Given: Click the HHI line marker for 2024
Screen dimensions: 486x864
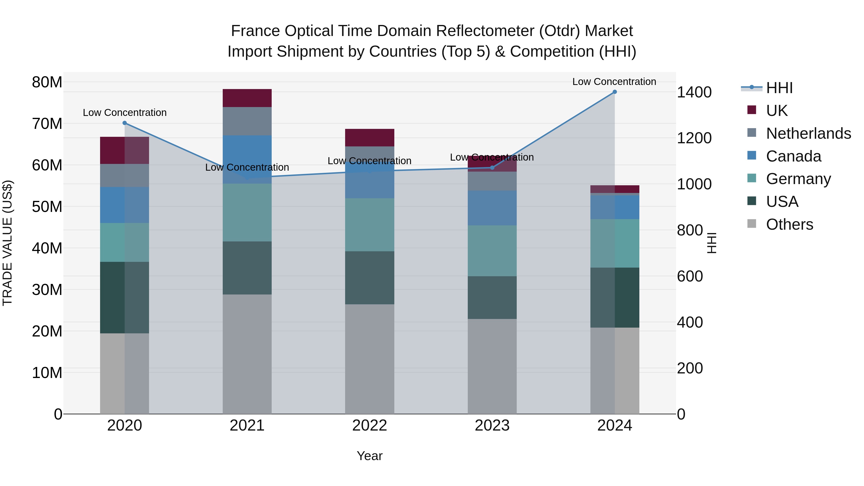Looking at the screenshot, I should [614, 92].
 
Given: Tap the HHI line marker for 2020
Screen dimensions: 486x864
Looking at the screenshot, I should [124, 123].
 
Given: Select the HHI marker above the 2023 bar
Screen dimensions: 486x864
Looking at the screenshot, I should [492, 168].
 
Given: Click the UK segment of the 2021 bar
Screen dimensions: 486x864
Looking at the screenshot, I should [247, 98].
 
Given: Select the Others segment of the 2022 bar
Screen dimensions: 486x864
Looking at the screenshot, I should [370, 359].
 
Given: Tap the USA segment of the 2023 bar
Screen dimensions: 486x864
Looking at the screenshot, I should [492, 298].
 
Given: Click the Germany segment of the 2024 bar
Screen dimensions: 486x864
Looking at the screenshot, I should [614, 243].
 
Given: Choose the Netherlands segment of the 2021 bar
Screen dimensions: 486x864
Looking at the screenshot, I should [247, 121].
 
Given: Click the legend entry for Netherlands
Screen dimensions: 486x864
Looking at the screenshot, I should [808, 133].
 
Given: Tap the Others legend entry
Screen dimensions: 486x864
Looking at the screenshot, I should [789, 224].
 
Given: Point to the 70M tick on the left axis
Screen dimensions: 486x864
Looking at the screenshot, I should [47, 124].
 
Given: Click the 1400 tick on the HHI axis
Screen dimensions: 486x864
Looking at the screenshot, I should [694, 92].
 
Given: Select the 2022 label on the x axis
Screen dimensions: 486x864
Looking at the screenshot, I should [370, 426].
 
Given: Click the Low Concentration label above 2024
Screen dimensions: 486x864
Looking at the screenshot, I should [614, 82].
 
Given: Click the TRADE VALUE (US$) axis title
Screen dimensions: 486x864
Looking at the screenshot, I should [7, 243].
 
